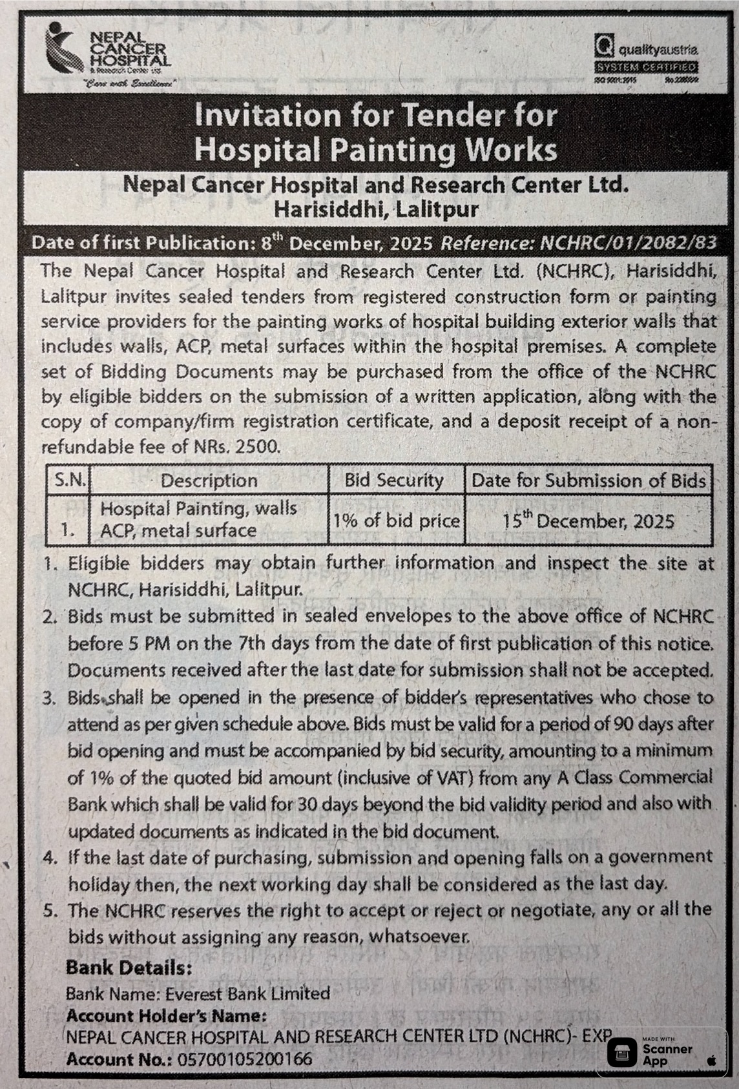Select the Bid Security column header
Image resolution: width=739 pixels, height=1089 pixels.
(394, 480)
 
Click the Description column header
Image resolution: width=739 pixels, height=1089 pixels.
(209, 481)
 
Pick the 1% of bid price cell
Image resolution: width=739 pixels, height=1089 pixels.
(396, 521)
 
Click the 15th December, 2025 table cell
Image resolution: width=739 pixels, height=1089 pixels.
(588, 521)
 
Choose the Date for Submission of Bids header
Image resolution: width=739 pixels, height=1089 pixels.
(588, 480)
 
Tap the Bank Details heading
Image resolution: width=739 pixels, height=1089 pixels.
(129, 968)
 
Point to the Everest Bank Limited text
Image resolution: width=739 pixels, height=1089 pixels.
(247, 993)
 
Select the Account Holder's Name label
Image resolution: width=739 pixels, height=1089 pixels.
(167, 1015)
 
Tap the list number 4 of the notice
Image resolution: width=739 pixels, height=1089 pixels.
(49, 858)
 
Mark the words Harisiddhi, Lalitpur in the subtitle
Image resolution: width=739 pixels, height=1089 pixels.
(376, 209)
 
